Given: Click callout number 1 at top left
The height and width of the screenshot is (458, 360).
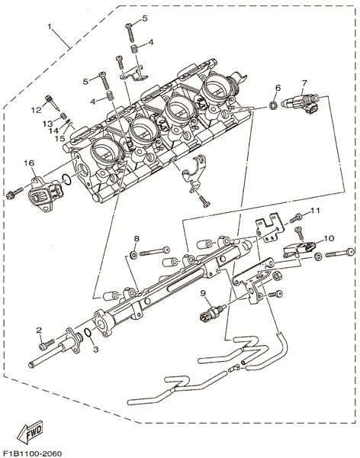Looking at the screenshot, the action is pyautogui.click(x=50, y=27).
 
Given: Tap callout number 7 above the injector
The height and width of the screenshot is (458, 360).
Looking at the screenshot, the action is pyautogui.click(x=304, y=83).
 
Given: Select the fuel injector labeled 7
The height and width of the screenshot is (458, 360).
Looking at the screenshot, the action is pyautogui.click(x=301, y=104).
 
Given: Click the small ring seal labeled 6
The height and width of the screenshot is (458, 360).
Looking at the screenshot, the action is pyautogui.click(x=273, y=105).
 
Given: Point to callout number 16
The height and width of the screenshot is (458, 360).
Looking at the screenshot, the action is pyautogui.click(x=29, y=163).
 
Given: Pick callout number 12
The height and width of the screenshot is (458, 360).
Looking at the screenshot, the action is pyautogui.click(x=37, y=110).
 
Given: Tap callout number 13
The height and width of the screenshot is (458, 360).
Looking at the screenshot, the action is pyautogui.click(x=47, y=124).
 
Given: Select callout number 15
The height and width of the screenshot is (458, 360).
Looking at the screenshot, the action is pyautogui.click(x=59, y=138).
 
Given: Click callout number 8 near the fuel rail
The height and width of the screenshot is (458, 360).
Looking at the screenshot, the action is pyautogui.click(x=137, y=238).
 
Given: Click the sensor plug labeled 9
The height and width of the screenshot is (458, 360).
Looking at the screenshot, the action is pyautogui.click(x=213, y=313).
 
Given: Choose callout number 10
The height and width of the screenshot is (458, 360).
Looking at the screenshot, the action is pyautogui.click(x=329, y=238).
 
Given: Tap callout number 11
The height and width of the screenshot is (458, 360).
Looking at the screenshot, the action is pyautogui.click(x=315, y=211).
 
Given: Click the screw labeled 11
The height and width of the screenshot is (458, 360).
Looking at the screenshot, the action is pyautogui.click(x=296, y=218).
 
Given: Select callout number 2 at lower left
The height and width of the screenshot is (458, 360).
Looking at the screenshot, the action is pyautogui.click(x=39, y=330).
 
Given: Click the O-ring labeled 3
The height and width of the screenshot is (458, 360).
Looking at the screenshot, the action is pyautogui.click(x=87, y=332).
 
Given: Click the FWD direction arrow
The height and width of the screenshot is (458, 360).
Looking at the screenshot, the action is pyautogui.click(x=30, y=431).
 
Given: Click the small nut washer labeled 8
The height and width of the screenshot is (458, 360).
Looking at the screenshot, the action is pyautogui.click(x=133, y=255).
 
